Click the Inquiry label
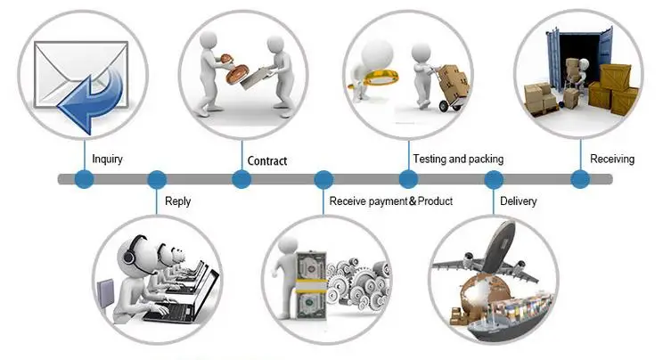tap(107, 160)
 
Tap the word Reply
tap(178, 201)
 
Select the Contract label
tap(266, 161)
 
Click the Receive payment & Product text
tap(390, 201)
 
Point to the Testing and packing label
tap(458, 160)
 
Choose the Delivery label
tap(518, 201)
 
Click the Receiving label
tap(612, 160)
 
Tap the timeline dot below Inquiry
tap(84, 179)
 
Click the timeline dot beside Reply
tap(157, 179)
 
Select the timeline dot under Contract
tap(241, 179)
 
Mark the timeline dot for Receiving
tap(580, 179)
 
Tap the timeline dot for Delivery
tap(494, 179)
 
